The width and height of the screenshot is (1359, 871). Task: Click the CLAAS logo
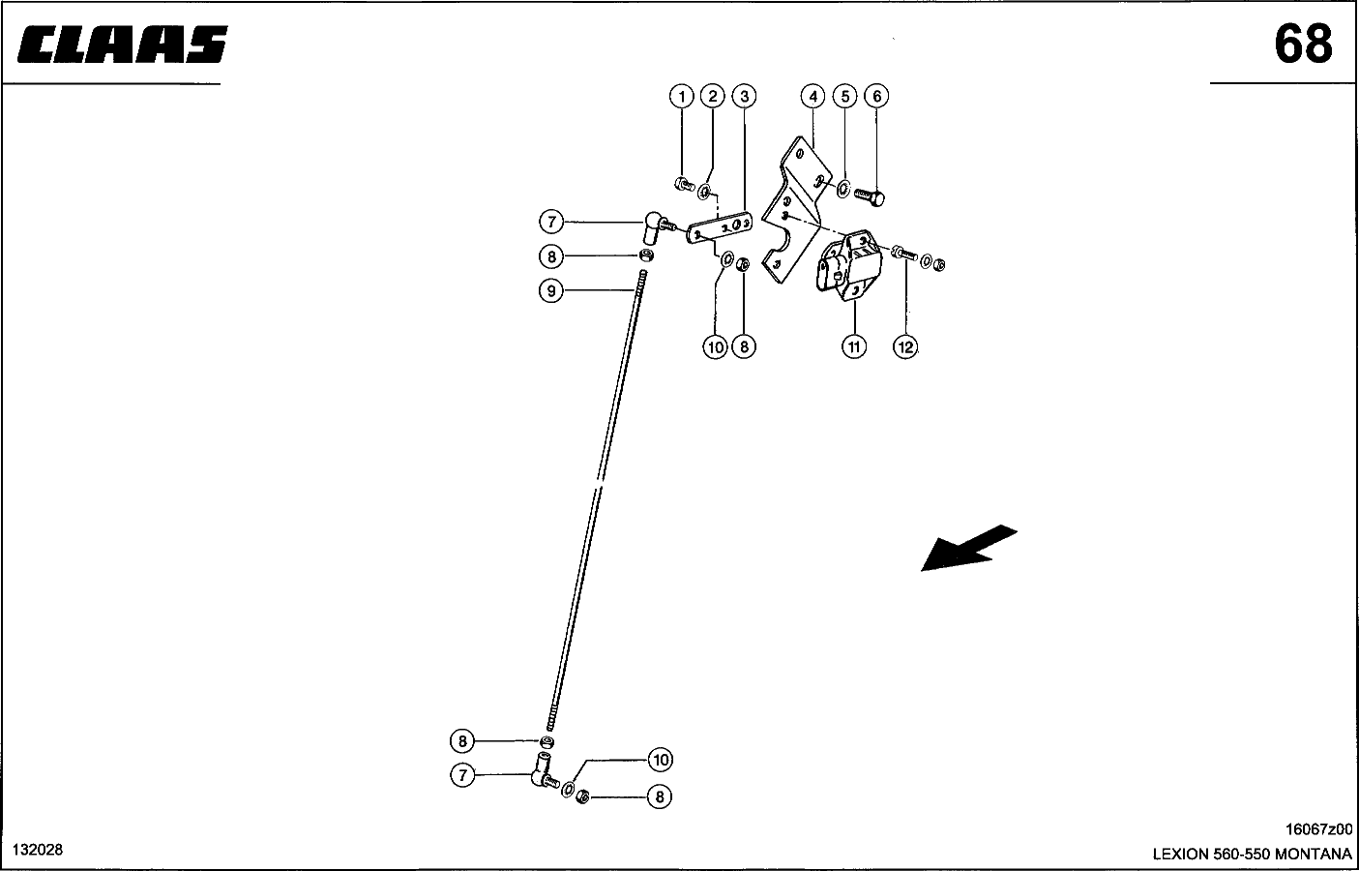point(123,45)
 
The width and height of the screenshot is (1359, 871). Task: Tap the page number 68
point(1303,45)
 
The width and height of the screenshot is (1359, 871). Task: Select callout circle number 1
point(681,97)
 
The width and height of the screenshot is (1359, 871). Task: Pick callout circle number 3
point(745,97)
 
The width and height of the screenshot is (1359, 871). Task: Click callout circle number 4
point(812,97)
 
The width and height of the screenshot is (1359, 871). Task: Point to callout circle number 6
point(876,97)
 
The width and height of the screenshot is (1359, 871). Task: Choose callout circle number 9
point(551,290)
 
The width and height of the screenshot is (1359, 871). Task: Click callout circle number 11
point(854,347)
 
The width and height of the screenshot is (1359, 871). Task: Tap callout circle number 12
point(905,347)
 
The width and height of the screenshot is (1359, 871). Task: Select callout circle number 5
point(844,97)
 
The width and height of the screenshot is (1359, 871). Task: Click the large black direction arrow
point(969,549)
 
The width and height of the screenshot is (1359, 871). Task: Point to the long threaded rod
point(596,501)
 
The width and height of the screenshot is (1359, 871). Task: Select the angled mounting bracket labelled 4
point(796,208)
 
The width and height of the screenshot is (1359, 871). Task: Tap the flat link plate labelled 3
point(720,227)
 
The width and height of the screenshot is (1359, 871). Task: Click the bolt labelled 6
point(870,196)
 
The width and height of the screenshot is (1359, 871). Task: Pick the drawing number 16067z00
point(1318,829)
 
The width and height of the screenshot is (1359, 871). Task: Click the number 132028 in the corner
point(38,850)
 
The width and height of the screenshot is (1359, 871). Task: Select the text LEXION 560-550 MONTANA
point(1252,854)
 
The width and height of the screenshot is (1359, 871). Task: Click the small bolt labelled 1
point(685,184)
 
